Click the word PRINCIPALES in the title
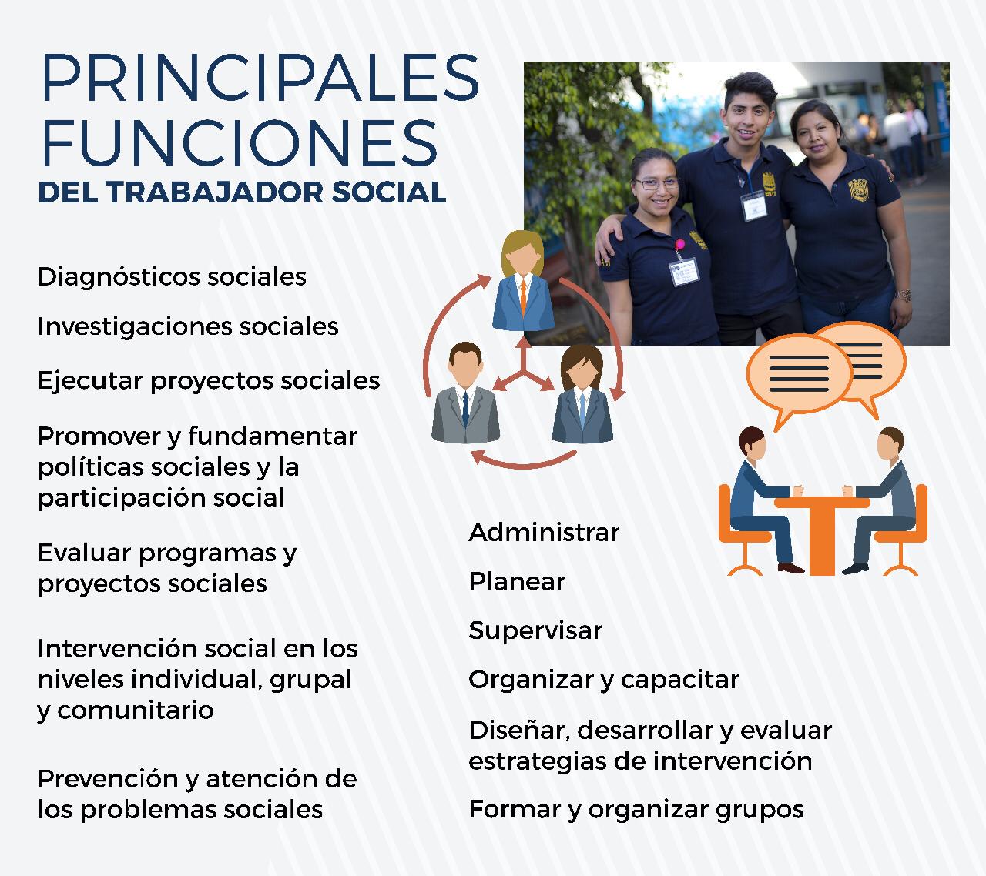tap(260, 77)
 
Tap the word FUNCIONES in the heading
tap(240, 143)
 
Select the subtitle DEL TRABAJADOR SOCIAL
tap(242, 192)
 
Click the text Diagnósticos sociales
tap(172, 277)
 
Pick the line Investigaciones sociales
tap(188, 326)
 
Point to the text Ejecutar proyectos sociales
tap(209, 380)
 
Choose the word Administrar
tap(544, 533)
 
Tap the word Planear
tap(517, 581)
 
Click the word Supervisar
tap(535, 630)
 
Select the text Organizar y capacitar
tap(604, 680)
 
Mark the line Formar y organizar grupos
tap(636, 811)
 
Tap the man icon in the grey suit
tap(465, 393)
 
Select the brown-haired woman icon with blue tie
tap(582, 395)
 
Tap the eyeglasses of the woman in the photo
tap(656, 184)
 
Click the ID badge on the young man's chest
tap(754, 206)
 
